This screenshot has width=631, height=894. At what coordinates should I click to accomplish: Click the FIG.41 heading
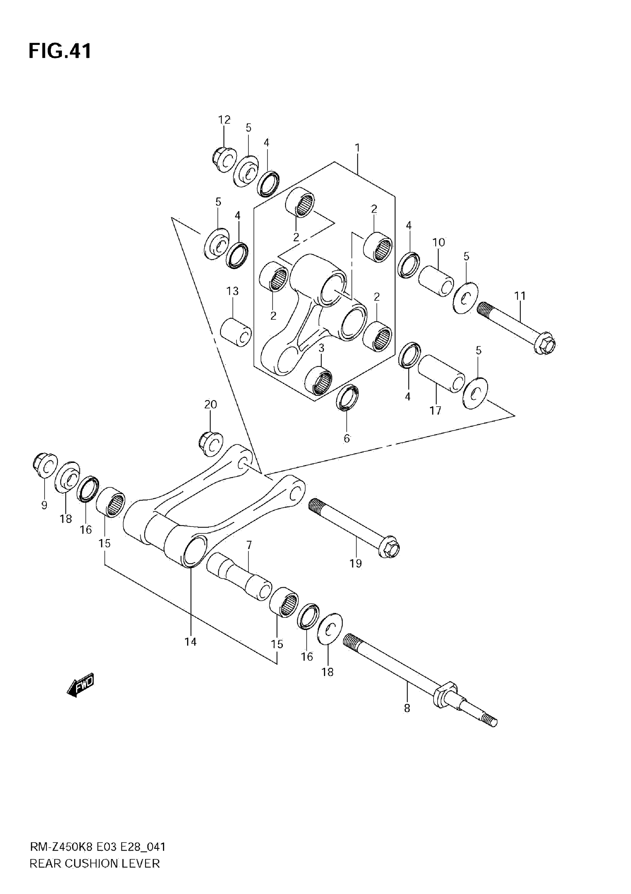(60, 51)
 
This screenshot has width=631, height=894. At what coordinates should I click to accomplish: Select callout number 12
(224, 120)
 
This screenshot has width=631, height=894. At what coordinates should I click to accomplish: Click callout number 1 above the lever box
(357, 148)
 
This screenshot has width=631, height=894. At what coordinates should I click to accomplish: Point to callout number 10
(438, 242)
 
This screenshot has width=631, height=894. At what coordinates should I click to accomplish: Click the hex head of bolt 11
(546, 344)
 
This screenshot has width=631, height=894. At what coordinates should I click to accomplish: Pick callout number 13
(232, 291)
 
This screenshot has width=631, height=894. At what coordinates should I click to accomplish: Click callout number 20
(210, 405)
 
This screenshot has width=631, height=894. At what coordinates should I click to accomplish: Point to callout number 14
(190, 642)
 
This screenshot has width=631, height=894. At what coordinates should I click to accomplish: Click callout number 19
(355, 563)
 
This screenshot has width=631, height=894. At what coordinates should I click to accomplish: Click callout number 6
(347, 438)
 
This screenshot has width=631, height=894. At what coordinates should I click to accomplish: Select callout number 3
(321, 348)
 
